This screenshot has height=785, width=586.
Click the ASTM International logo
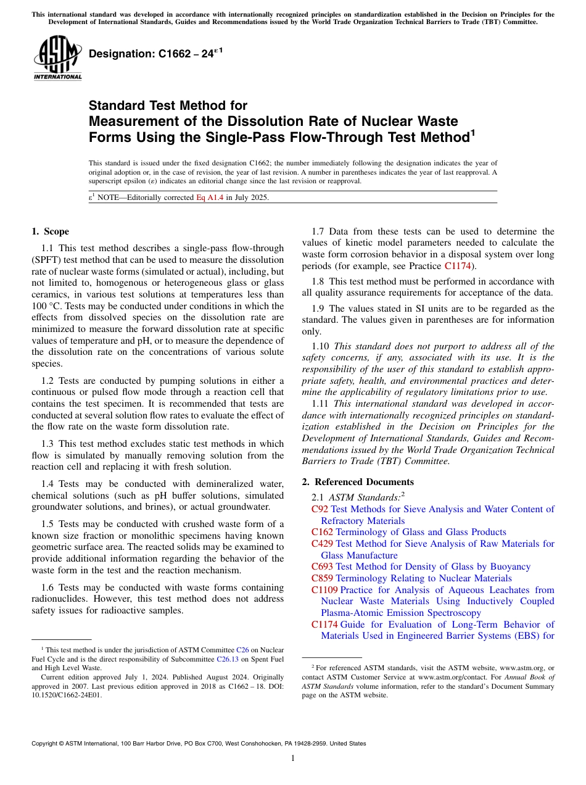pyautogui.click(x=57, y=59)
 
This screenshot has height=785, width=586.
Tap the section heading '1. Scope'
pyautogui.click(x=51, y=231)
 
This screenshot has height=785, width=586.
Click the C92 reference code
pyautogui.click(x=320, y=509)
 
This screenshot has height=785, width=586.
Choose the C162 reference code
pyautogui.click(x=322, y=532)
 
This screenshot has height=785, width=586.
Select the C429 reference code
pyautogui.click(x=322, y=544)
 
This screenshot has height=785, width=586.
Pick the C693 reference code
pyautogui.click(x=322, y=567)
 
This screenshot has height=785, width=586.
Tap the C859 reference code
pyautogui.click(x=322, y=578)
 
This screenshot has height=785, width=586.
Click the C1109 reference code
pyautogui.click(x=324, y=590)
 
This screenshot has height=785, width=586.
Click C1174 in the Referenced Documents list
pyautogui.click(x=324, y=625)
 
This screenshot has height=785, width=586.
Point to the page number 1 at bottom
pyautogui.click(x=293, y=758)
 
